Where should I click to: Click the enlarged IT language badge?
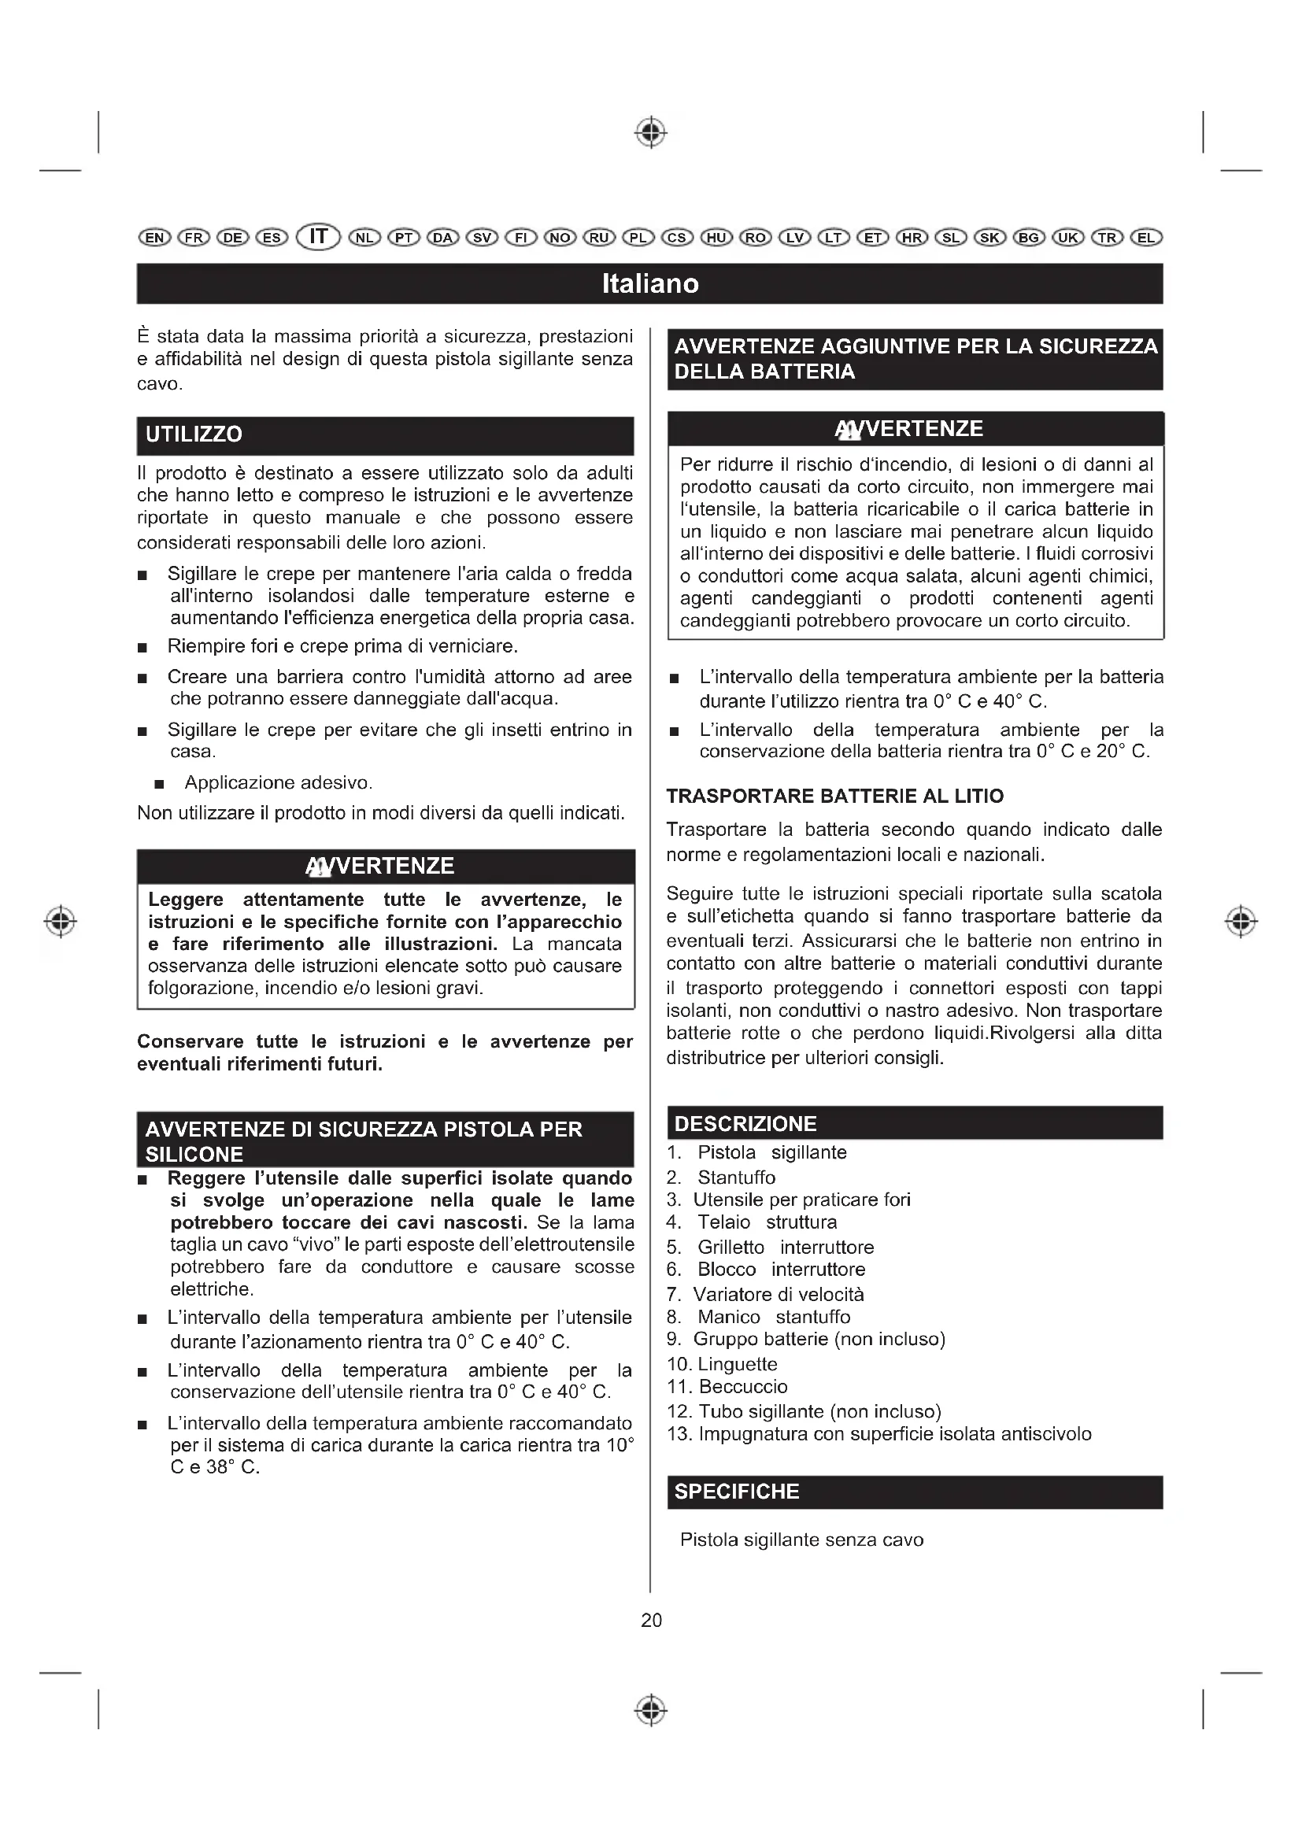tap(318, 237)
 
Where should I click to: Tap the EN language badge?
tap(154, 238)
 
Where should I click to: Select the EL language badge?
tap(1145, 238)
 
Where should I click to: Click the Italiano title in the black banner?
tap(650, 284)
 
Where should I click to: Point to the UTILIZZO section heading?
tap(194, 434)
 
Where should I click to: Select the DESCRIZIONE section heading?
tap(745, 1123)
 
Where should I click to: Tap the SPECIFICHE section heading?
tap(737, 1492)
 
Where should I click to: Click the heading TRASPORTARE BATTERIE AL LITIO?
tap(834, 797)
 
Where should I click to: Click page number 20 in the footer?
tap(651, 1620)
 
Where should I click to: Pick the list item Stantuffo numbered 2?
tap(736, 1177)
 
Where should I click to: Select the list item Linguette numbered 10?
tap(737, 1364)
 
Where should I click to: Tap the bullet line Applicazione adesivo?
tap(278, 782)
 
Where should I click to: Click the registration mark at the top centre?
tap(651, 132)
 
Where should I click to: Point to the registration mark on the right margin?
tap(1241, 922)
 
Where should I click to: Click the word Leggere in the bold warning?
tap(186, 900)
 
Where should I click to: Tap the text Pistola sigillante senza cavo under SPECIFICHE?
tap(801, 1540)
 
